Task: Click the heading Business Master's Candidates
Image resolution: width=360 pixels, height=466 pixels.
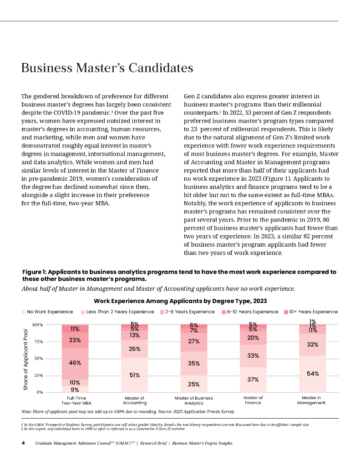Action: pyautogui.click(x=107, y=68)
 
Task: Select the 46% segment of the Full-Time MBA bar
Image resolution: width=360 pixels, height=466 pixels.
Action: pyautogui.click(x=75, y=363)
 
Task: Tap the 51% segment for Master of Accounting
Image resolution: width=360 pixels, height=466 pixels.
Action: pyautogui.click(x=134, y=375)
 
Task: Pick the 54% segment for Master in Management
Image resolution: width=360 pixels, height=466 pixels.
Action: pyautogui.click(x=312, y=374)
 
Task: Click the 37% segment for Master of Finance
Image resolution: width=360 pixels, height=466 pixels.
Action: pyautogui.click(x=253, y=380)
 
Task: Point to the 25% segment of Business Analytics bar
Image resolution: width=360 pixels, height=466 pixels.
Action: pyautogui.click(x=193, y=384)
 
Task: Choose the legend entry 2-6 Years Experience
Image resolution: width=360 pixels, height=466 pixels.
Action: pyautogui.click(x=187, y=312)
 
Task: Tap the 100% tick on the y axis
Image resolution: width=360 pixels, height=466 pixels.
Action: pyautogui.click(x=37, y=325)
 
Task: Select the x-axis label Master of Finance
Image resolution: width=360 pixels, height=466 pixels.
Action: pyautogui.click(x=253, y=400)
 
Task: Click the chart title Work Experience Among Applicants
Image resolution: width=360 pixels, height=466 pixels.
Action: pyautogui.click(x=180, y=301)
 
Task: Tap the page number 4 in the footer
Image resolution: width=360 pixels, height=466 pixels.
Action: pyautogui.click(x=23, y=443)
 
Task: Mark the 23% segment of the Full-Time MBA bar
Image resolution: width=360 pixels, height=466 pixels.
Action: pyautogui.click(x=75, y=340)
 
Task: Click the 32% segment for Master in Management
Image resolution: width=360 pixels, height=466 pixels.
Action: pyautogui.click(x=312, y=344)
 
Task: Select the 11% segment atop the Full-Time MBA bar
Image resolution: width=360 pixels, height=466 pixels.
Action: pyautogui.click(x=75, y=329)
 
